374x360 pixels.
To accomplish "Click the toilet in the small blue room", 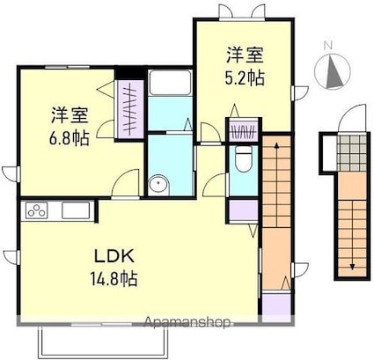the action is [x=244, y=159].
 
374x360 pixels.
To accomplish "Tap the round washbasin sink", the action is [x=158, y=184].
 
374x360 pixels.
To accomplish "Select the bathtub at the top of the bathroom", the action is [x=170, y=83].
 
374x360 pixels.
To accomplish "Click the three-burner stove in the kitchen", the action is [x=37, y=210].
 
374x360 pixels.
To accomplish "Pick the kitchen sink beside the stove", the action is [x=76, y=210].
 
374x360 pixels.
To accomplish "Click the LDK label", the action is [x=114, y=256].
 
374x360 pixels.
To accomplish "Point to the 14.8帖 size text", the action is [x=114, y=278].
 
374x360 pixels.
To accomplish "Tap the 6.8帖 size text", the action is [x=69, y=138].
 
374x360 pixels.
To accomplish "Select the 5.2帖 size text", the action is [x=245, y=77].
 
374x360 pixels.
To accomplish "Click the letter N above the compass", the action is [x=327, y=46].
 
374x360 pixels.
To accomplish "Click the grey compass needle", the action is [x=334, y=72].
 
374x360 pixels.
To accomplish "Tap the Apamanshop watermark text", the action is [x=187, y=322].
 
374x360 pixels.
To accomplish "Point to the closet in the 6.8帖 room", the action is [x=129, y=109].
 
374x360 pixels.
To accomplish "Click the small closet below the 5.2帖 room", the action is [x=243, y=129].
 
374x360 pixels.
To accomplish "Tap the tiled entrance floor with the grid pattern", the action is [x=351, y=152].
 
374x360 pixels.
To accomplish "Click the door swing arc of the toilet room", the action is [x=214, y=184].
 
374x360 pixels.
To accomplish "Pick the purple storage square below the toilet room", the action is [x=243, y=210].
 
